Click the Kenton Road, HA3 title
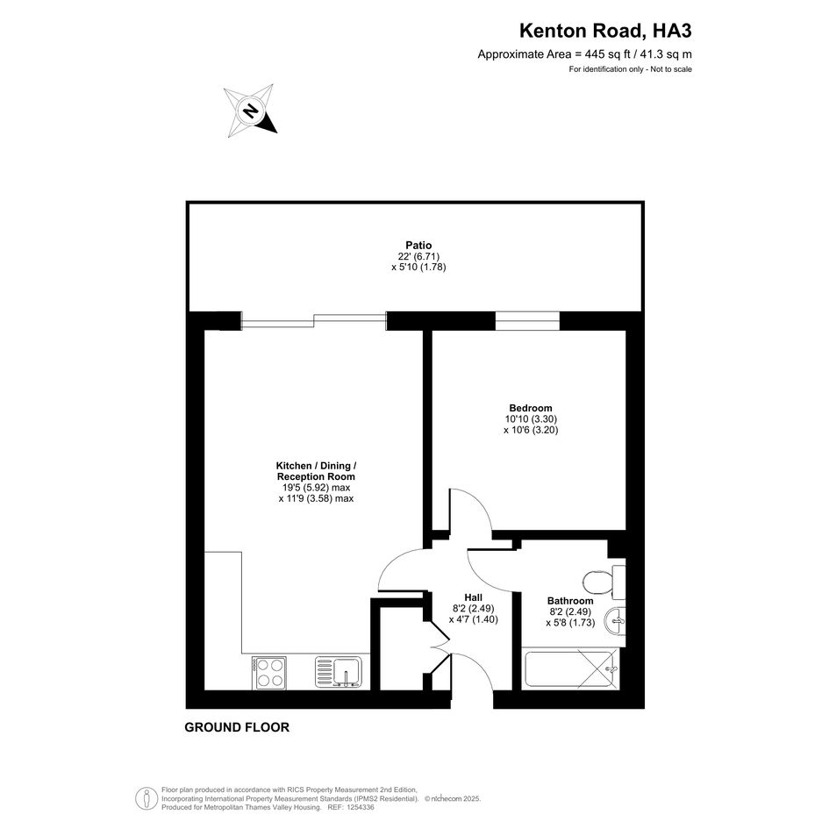tap(605, 31)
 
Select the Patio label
tap(418, 246)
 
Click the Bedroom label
tap(530, 408)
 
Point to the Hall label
tap(473, 598)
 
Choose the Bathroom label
tap(570, 601)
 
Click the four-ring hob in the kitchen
tap(269, 673)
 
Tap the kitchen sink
tap(339, 672)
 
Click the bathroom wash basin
tap(616, 621)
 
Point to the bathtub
tap(570, 669)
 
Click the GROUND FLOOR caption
tap(237, 727)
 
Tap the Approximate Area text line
tap(585, 54)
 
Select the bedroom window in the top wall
tap(527, 321)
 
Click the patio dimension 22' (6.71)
tap(418, 256)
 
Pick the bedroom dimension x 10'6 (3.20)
tap(531, 430)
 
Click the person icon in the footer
tap(143, 798)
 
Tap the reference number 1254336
tap(359, 808)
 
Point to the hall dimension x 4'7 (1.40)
tap(473, 619)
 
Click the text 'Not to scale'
tap(671, 69)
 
